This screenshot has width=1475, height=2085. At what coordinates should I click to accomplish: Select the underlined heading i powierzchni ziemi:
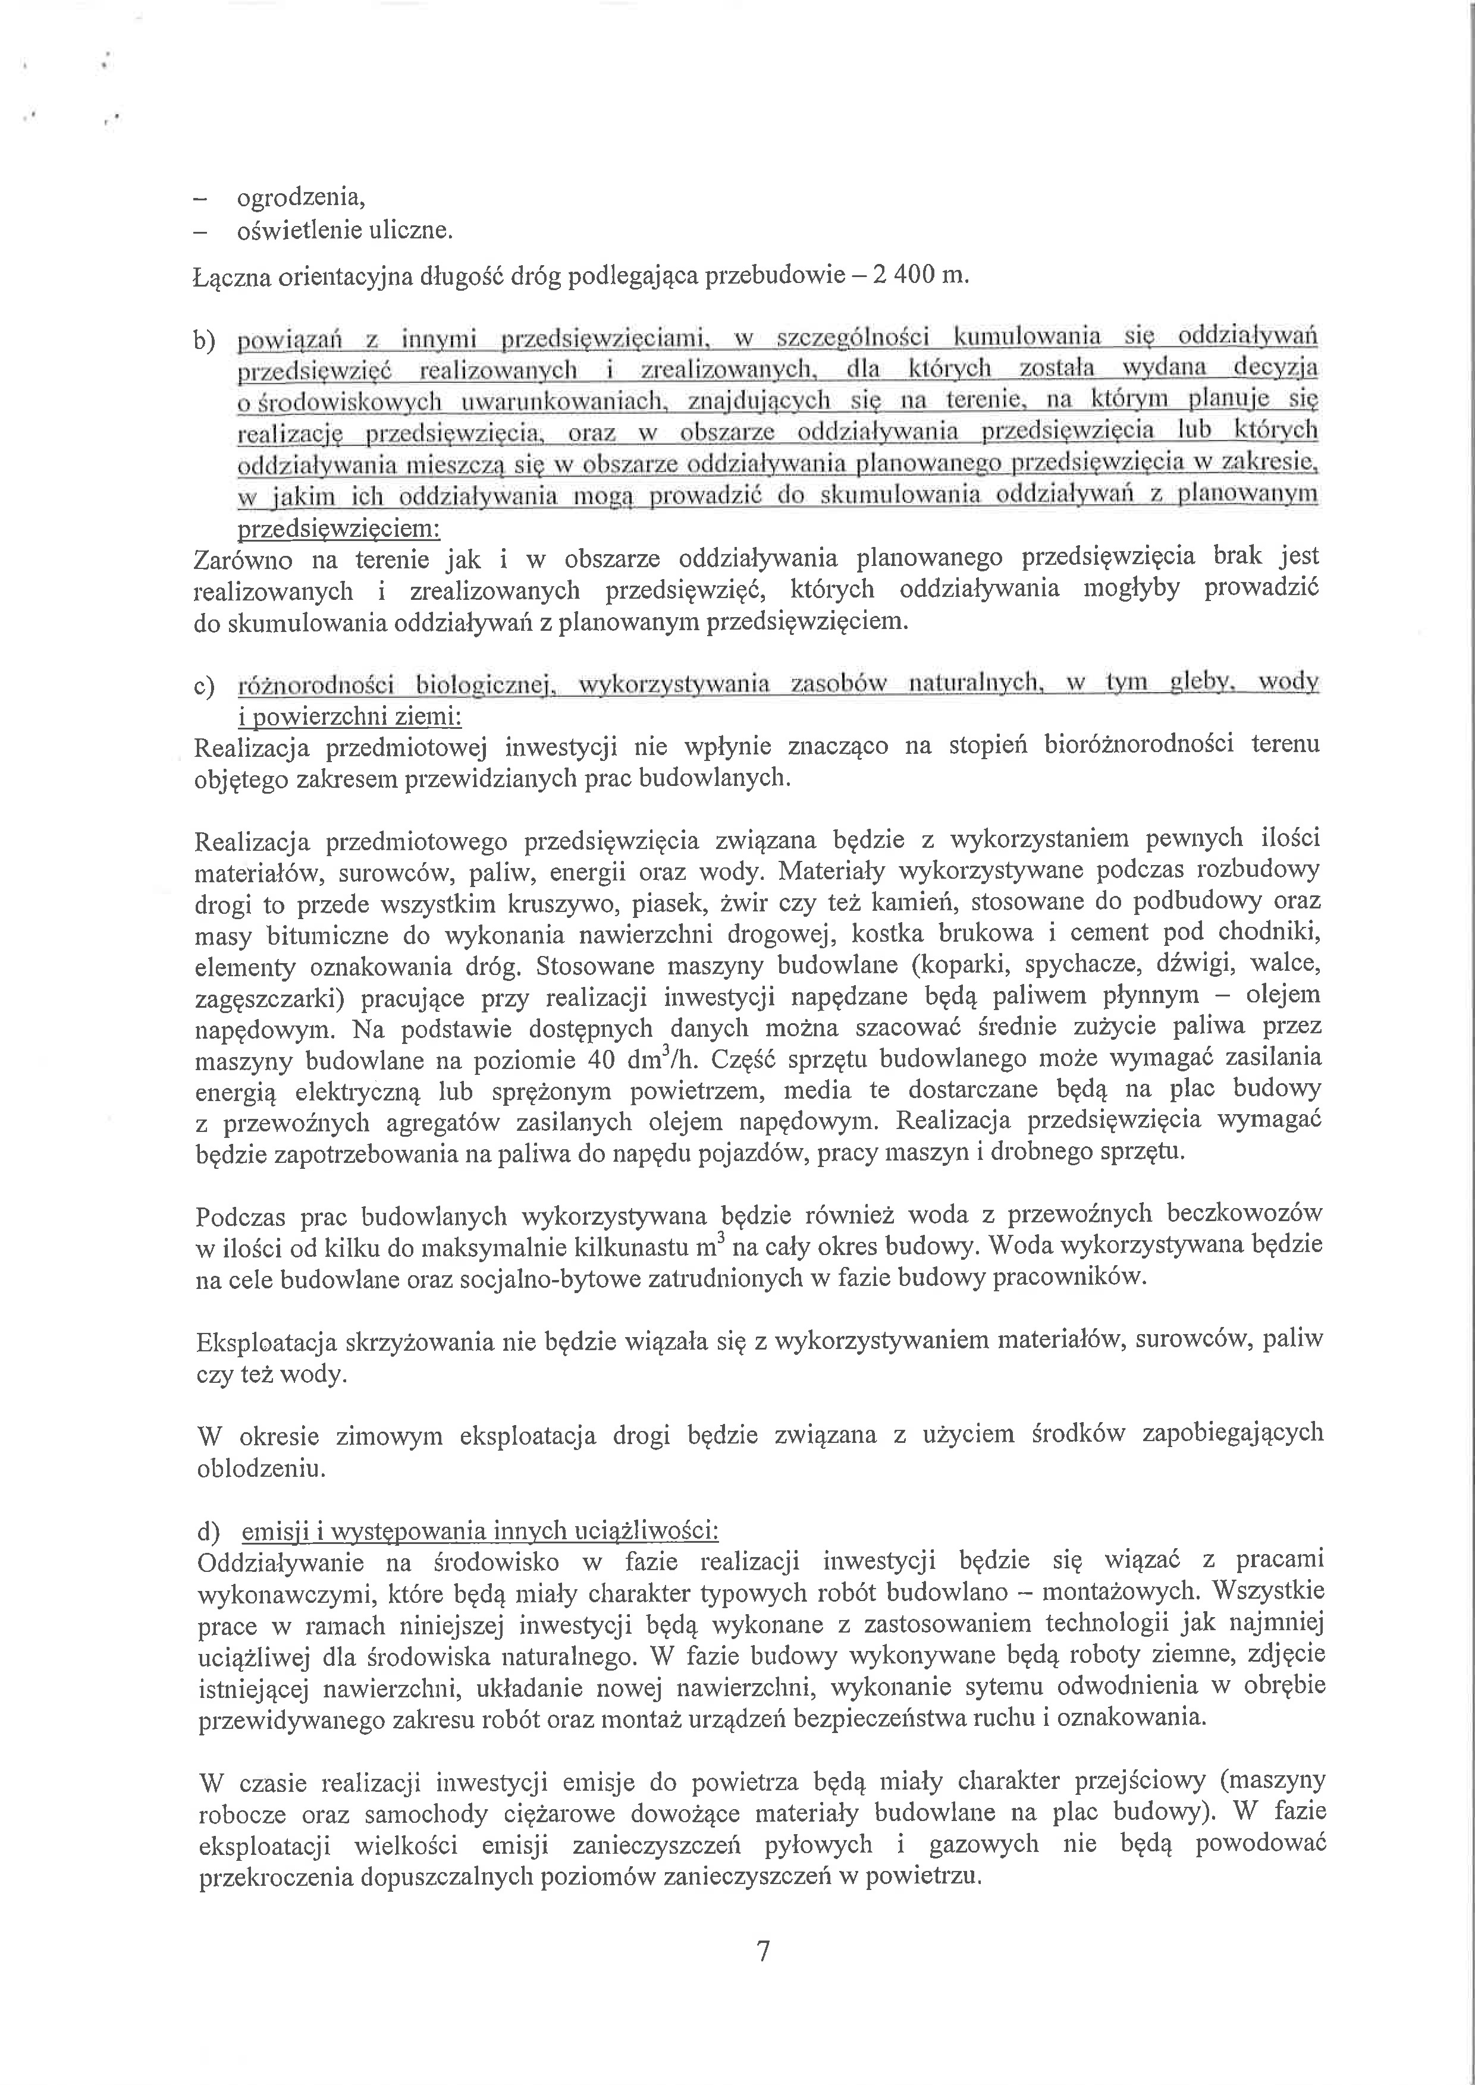click(x=350, y=718)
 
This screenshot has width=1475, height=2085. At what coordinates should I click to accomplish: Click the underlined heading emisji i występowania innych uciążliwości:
click(x=479, y=1532)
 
